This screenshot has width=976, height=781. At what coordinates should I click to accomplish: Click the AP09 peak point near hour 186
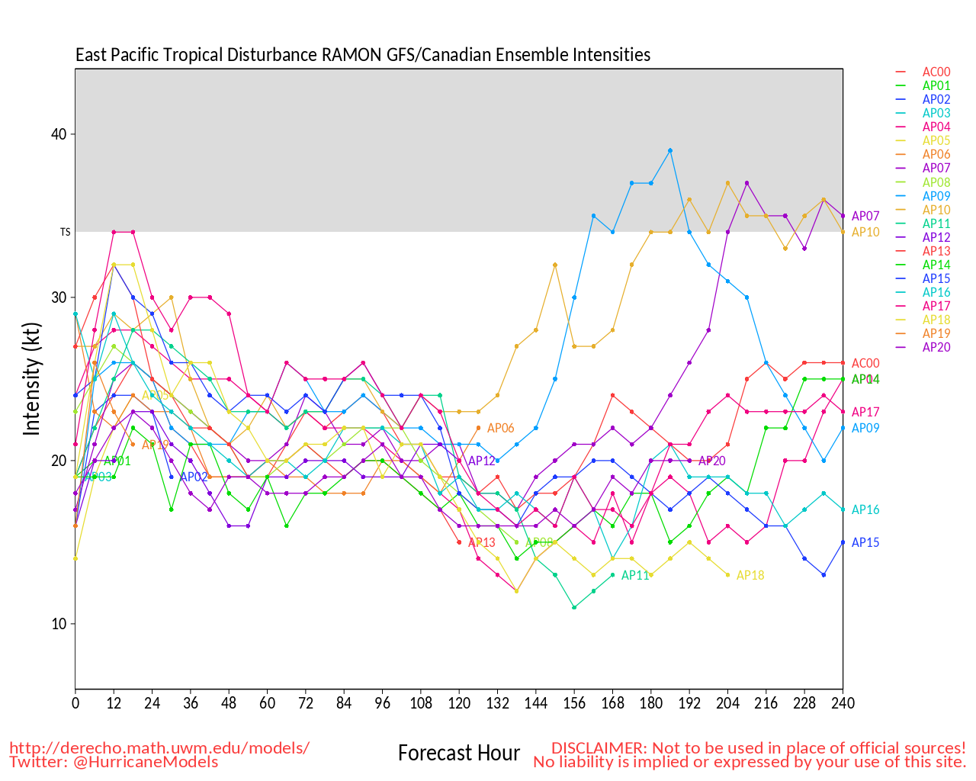tap(670, 150)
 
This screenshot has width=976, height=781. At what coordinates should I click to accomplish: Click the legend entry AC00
tap(936, 72)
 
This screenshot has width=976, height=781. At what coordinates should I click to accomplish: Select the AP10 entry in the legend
tap(936, 210)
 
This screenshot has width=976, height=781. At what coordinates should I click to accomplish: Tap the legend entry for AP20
tap(936, 348)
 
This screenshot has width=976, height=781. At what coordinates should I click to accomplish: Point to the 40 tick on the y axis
tap(59, 134)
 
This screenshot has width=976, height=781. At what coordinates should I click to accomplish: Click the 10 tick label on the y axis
tap(59, 624)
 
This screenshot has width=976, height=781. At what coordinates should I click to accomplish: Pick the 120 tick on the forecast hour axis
tap(459, 702)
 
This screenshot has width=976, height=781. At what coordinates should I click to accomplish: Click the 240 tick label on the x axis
tap(843, 702)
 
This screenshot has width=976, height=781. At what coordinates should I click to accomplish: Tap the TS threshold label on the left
tap(65, 232)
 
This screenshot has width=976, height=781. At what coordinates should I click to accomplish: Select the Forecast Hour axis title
tap(459, 754)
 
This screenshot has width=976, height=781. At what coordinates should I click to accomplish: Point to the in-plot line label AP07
tap(865, 217)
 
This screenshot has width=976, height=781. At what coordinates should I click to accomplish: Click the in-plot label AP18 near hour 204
tap(750, 576)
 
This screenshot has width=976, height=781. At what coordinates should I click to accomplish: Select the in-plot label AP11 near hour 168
tap(635, 576)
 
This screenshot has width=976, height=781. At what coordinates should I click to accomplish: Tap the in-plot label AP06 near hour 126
tap(501, 429)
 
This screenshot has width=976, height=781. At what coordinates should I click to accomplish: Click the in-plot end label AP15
tap(865, 543)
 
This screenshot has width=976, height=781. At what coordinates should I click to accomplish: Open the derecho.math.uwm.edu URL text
tap(159, 748)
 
